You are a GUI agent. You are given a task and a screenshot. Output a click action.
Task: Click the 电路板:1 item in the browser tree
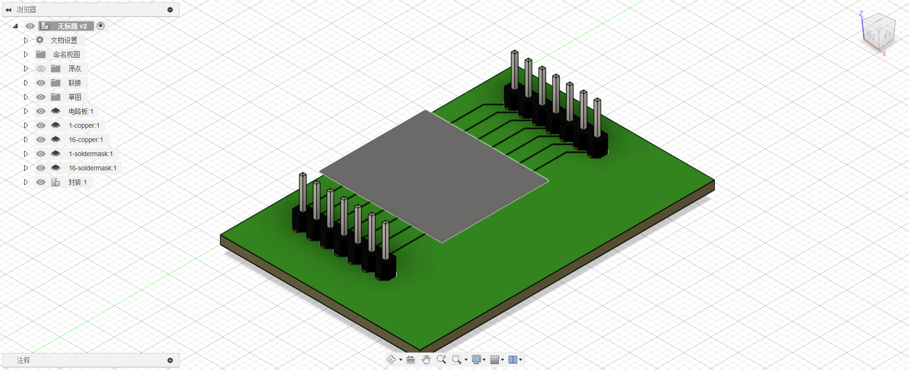pos(81,111)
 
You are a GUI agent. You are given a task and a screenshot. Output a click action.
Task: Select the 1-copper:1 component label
pos(84,125)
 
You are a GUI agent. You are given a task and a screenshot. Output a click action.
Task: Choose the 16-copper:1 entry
pos(86,140)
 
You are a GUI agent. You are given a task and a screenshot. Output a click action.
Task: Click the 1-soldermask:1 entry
pos(91,154)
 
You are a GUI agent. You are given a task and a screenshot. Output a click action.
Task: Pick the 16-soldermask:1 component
pos(92,168)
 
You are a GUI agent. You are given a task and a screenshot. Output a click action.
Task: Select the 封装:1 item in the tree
pos(78,182)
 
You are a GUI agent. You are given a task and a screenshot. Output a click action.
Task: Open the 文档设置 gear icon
pos(40,40)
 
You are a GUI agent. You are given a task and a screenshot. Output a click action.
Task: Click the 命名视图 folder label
pos(67,54)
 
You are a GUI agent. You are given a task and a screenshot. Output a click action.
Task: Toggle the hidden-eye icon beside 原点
pos(41,69)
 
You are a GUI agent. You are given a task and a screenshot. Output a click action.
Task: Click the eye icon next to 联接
pos(41,83)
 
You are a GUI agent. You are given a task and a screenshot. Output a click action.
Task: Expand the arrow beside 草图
pos(26,97)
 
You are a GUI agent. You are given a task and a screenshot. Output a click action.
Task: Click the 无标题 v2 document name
pos(72,26)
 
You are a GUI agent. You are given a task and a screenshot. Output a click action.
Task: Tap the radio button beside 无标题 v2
pos(100,26)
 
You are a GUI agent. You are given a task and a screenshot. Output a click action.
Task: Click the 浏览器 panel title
pos(27,9)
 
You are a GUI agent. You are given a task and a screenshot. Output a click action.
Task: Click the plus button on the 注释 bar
pos(170,361)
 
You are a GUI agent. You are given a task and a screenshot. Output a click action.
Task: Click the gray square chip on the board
pos(434,176)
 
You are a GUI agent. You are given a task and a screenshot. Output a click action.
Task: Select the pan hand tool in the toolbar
pos(426,360)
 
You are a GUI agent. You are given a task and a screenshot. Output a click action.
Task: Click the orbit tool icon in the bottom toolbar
pos(391,360)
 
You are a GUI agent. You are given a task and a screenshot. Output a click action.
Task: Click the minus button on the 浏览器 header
pos(170,10)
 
